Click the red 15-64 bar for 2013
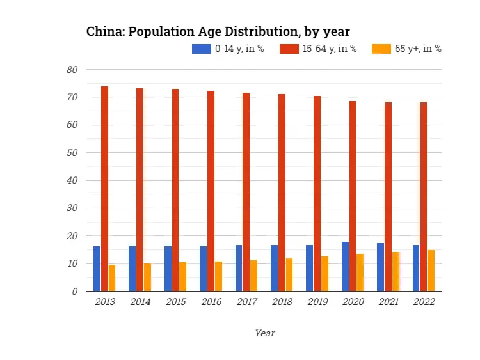(x=104, y=189)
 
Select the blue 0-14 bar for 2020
(x=345, y=267)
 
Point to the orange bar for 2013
(x=112, y=278)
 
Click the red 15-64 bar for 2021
(x=388, y=196)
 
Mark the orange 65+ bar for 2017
(x=253, y=276)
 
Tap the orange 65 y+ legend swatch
(x=381, y=49)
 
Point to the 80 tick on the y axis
(x=72, y=70)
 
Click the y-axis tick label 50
(x=72, y=153)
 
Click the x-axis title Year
(x=264, y=333)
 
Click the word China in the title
(x=105, y=31)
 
